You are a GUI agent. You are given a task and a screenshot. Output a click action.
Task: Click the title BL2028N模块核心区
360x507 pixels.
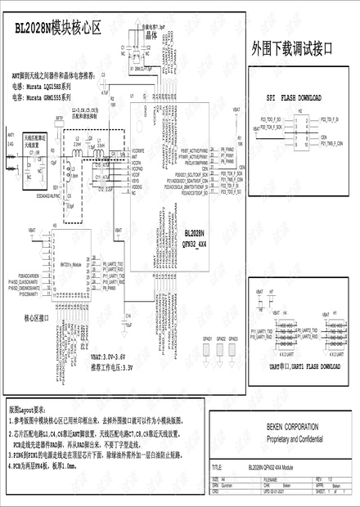(57, 27)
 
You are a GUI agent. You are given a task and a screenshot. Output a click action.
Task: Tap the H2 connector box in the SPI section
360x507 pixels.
(299, 123)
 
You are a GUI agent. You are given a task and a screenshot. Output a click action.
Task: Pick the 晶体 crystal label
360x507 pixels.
(151, 37)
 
